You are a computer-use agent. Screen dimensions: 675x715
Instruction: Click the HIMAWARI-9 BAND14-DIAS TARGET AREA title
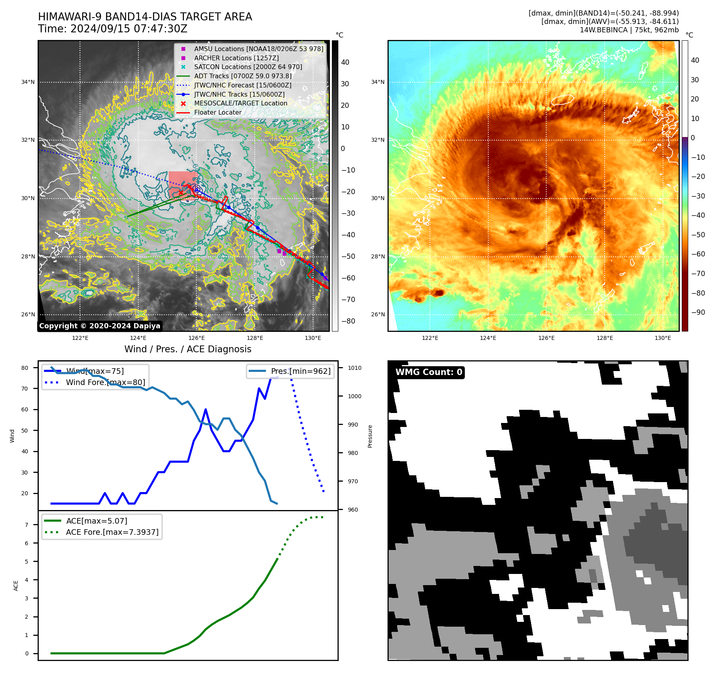tap(145, 17)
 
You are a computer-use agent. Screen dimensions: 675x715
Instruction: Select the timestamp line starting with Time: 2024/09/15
tap(112, 29)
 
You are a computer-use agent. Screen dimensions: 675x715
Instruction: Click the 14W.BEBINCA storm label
tap(629, 30)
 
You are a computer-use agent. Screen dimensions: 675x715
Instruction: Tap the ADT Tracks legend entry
tap(243, 76)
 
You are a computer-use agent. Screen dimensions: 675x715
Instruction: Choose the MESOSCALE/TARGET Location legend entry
tap(240, 103)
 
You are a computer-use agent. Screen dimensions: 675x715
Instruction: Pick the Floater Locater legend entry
tap(218, 112)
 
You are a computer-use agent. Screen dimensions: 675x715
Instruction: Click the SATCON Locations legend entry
tap(248, 67)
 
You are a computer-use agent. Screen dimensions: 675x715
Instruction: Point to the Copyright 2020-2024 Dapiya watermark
tap(100, 326)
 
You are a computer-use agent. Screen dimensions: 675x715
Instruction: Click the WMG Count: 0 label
tap(429, 372)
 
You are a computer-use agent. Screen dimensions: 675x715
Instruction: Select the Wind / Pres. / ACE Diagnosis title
tap(188, 349)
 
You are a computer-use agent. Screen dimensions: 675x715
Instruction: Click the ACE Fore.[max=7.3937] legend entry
tap(112, 532)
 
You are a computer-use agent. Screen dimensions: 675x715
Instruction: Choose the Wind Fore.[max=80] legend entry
tap(105, 382)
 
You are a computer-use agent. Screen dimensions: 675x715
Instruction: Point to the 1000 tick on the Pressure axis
tap(354, 396)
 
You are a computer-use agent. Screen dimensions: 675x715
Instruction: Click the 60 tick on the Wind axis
tap(25, 409)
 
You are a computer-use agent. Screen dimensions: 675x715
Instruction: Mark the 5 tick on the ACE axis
tap(27, 562)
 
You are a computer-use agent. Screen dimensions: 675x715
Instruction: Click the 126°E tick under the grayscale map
tap(197, 338)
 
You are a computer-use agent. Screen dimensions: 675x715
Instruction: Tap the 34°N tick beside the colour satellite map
tap(377, 82)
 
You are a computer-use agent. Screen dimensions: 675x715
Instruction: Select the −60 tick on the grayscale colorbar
tap(348, 278)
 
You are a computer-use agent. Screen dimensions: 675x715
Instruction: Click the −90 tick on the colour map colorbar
tap(698, 312)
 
